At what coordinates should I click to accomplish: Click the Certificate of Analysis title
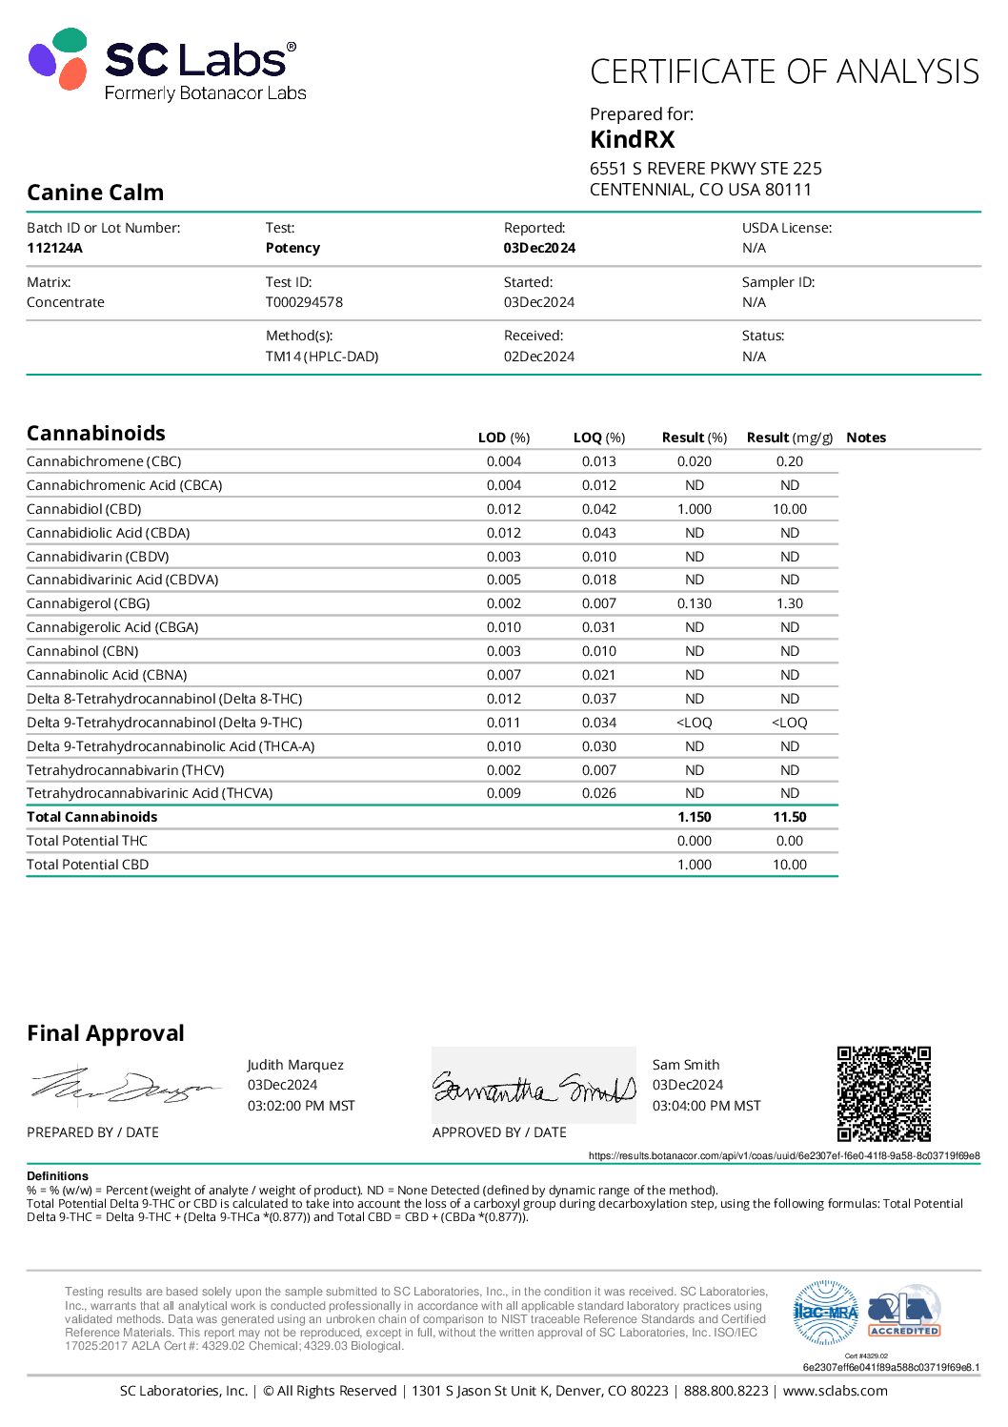pyautogui.click(x=784, y=72)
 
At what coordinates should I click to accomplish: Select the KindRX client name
pyautogui.click(x=632, y=140)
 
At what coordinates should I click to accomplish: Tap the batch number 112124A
pyautogui.click(x=54, y=248)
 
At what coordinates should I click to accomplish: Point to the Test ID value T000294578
pyautogui.click(x=304, y=302)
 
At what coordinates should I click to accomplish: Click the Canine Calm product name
pyautogui.click(x=95, y=193)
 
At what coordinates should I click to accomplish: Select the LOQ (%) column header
pyautogui.click(x=598, y=438)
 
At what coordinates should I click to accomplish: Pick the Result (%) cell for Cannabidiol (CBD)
pyautogui.click(x=694, y=509)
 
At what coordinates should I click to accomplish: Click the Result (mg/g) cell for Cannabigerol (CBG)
pyautogui.click(x=789, y=603)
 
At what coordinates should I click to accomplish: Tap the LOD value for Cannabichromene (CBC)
pyautogui.click(x=503, y=461)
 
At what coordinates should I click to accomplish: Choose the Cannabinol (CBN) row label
pyautogui.click(x=83, y=651)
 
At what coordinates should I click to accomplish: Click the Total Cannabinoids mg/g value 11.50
pyautogui.click(x=789, y=817)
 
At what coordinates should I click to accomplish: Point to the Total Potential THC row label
pyautogui.click(x=87, y=841)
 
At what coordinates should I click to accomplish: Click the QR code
pyautogui.click(x=883, y=1093)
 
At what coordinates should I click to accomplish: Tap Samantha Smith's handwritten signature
pyautogui.click(x=534, y=1088)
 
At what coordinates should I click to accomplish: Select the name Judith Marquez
pyautogui.click(x=295, y=1065)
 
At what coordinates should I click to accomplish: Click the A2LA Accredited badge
pyautogui.click(x=903, y=1313)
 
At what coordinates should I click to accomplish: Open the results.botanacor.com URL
pyautogui.click(x=783, y=1155)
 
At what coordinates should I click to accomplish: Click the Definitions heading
pyautogui.click(x=57, y=1176)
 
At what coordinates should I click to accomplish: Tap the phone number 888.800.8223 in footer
pyautogui.click(x=725, y=1391)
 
